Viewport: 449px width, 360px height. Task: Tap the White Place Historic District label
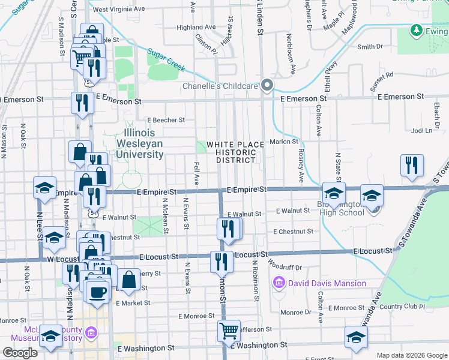point(235,152)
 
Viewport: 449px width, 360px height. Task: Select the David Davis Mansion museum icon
point(279,283)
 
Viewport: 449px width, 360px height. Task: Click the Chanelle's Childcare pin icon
point(268,86)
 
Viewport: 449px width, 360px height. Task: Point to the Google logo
point(20,353)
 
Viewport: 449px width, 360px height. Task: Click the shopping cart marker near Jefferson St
point(229,330)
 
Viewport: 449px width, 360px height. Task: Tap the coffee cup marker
point(97,292)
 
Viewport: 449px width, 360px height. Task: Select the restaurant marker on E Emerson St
point(82,103)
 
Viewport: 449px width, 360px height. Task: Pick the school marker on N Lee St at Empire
point(45,188)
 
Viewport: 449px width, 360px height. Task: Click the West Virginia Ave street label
point(119,10)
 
